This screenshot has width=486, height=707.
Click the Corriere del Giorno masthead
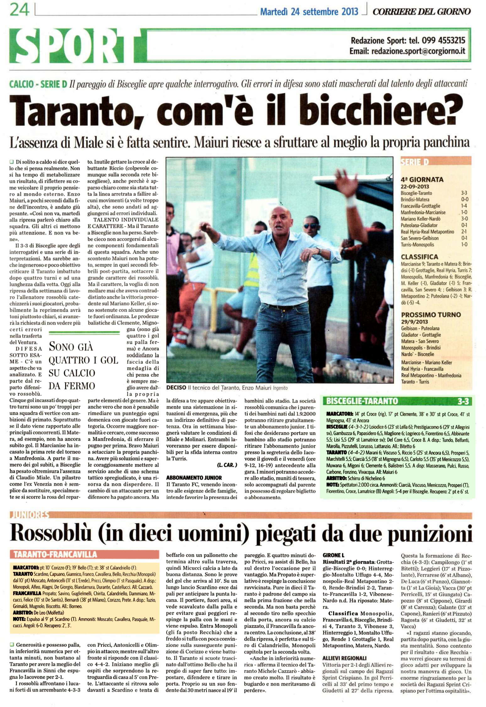point(421,12)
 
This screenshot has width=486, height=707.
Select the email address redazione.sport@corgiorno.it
point(418,51)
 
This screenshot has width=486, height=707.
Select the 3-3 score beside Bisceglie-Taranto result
point(464,193)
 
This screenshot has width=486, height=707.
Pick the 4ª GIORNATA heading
point(422,180)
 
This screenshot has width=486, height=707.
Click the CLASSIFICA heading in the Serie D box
point(419,257)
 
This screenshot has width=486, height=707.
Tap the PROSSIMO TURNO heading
point(431,315)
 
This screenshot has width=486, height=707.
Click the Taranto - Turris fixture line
point(415,382)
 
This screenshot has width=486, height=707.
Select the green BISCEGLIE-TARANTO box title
point(362,401)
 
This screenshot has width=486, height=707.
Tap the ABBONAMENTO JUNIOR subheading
point(194,478)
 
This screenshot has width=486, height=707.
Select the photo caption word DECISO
point(176,388)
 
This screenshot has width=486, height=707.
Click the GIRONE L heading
point(333,555)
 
